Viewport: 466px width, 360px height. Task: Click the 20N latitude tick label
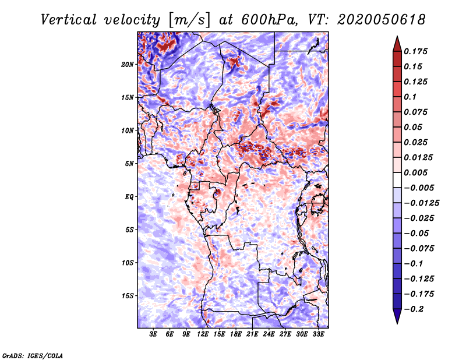[x=128, y=65]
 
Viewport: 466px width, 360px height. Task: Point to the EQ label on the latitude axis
[x=129, y=197]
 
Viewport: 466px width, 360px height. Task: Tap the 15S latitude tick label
[x=128, y=296]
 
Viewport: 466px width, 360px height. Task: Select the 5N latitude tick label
[x=129, y=164]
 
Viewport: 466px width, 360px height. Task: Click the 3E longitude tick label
[x=153, y=334]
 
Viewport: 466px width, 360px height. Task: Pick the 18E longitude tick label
[x=235, y=334]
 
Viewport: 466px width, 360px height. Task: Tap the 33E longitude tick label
[x=318, y=334]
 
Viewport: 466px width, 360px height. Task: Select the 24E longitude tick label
[x=269, y=334]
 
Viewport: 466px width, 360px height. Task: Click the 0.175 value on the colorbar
[x=415, y=51]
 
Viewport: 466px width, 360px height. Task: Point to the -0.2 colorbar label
[x=414, y=309]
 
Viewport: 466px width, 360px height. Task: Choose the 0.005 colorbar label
[x=415, y=172]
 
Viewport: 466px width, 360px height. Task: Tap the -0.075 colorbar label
[x=419, y=249]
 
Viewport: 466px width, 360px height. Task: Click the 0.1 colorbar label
[x=410, y=97]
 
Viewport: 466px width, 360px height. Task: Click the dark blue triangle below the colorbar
[x=397, y=316]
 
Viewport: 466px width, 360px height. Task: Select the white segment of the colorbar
[x=397, y=180]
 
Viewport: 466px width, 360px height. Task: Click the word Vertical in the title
[x=69, y=20]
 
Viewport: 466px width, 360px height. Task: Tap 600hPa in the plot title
[x=269, y=20]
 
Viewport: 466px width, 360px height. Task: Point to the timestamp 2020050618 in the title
[x=382, y=20]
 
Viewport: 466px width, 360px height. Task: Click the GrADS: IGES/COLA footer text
[x=33, y=355]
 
